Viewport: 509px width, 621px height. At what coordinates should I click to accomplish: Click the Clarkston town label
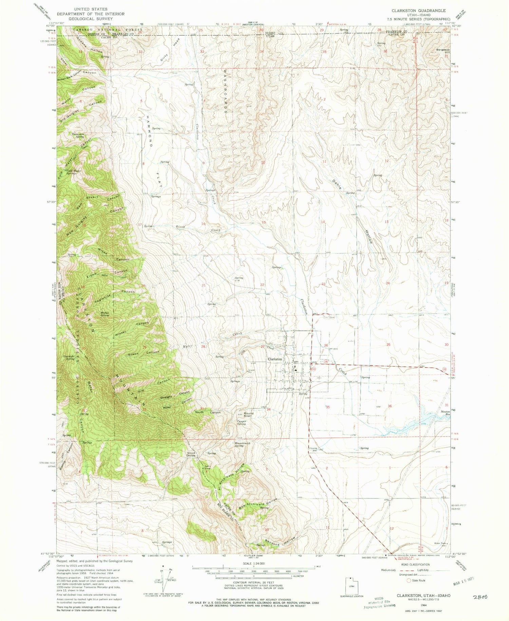pos(275,359)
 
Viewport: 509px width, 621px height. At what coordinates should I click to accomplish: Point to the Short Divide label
pos(191,454)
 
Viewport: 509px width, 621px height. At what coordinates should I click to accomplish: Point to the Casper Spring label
pos(241,423)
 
